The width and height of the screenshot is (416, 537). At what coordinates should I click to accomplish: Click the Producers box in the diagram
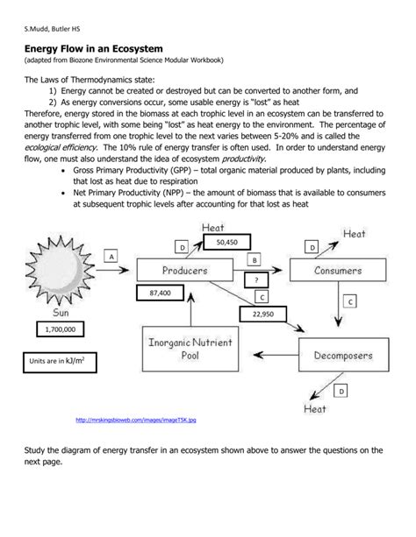click(183, 271)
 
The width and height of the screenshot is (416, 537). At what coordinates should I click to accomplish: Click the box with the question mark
click(255, 279)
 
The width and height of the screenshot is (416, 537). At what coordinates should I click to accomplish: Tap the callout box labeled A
click(111, 255)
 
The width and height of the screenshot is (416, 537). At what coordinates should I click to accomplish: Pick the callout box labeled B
click(254, 260)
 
